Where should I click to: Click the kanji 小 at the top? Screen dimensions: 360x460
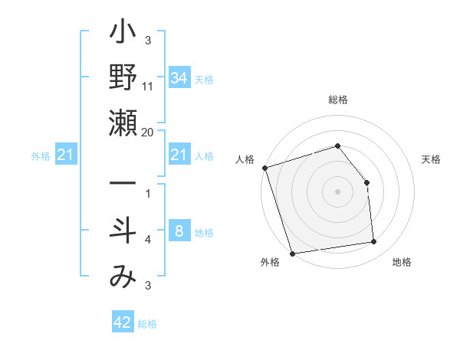[123, 34]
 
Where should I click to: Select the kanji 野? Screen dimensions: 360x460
[123, 79]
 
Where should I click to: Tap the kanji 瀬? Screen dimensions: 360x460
[123, 123]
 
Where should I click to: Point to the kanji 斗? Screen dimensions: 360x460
[123, 232]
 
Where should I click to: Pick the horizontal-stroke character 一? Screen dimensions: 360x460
[123, 185]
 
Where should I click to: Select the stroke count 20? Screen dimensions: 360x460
[148, 132]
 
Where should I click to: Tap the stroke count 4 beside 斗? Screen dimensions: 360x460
[148, 241]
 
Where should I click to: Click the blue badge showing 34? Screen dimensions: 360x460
[179, 78]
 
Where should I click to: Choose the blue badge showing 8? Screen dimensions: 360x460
[179, 232]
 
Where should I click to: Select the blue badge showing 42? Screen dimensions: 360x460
[123, 322]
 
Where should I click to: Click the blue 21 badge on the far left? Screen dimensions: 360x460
[65, 156]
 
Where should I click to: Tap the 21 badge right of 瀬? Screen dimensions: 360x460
[179, 155]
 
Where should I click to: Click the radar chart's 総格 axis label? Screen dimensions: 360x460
[338, 100]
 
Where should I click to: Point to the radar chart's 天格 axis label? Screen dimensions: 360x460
[432, 159]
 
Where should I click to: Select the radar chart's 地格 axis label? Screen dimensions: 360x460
[402, 263]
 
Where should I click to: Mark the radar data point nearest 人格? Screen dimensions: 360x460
[264, 168]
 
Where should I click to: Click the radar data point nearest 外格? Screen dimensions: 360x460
[292, 253]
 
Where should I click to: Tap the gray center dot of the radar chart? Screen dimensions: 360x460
[338, 191]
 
